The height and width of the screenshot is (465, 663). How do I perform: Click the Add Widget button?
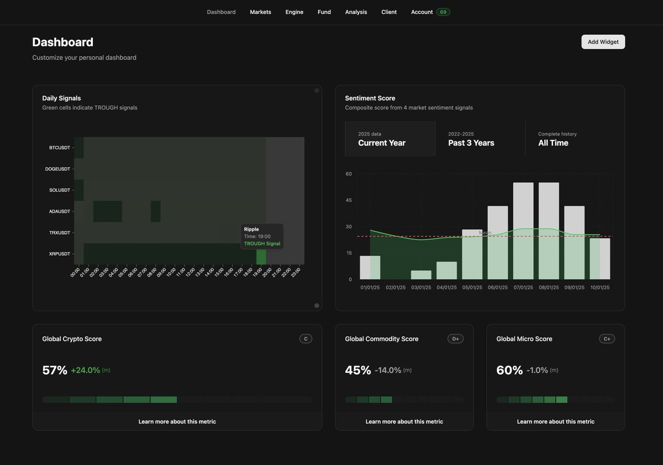pyautogui.click(x=603, y=42)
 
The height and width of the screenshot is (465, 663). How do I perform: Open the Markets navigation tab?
pyautogui.click(x=260, y=12)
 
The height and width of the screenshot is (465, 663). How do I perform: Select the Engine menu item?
pyautogui.click(x=294, y=12)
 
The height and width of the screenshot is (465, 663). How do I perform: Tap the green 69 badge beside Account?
pyautogui.click(x=443, y=12)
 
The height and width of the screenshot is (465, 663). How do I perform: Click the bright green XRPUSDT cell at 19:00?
pyautogui.click(x=261, y=255)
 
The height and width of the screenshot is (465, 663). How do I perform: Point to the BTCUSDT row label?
pyautogui.click(x=60, y=148)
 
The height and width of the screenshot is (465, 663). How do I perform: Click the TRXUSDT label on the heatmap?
pyautogui.click(x=60, y=232)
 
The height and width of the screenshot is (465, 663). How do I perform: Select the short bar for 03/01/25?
pyautogui.click(x=421, y=275)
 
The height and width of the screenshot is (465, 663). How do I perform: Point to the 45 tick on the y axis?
pyautogui.click(x=349, y=200)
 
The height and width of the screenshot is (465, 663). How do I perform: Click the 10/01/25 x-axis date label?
pyautogui.click(x=599, y=288)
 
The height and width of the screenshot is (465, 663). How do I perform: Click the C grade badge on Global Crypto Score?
pyautogui.click(x=306, y=339)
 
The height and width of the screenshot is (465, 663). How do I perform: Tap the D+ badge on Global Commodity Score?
pyautogui.click(x=455, y=339)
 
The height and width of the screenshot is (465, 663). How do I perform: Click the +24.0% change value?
pyautogui.click(x=86, y=371)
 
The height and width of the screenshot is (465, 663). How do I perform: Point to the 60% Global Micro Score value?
pyautogui.click(x=509, y=371)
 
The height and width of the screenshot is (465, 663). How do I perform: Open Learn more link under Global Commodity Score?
pyautogui.click(x=404, y=422)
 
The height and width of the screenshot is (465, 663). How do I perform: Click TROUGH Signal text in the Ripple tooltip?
pyautogui.click(x=262, y=244)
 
